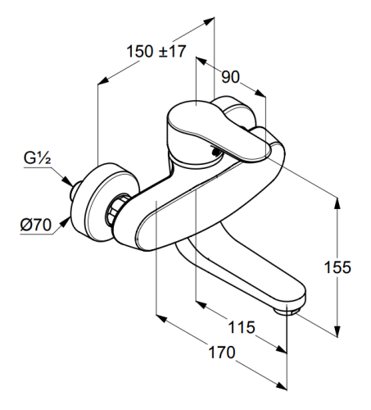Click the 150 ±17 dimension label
pos(156,51)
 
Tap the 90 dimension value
pos(230,77)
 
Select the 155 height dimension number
pos(337,267)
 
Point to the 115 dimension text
pos(242,327)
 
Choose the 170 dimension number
pos(222,352)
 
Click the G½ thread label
pos(37,157)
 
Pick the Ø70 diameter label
pos(36,225)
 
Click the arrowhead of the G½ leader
pos(67,181)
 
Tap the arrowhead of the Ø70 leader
pos(65,222)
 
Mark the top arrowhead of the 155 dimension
pos(337,203)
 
